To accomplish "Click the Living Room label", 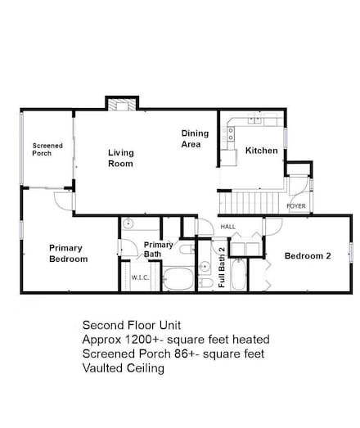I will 120,158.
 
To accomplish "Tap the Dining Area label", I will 195,139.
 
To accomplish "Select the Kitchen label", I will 261,151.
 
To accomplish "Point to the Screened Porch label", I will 47,149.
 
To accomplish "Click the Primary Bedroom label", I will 68,253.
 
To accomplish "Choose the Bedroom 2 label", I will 307,256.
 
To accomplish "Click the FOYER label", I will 296,206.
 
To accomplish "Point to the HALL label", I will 227,227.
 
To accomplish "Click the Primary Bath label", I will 158,249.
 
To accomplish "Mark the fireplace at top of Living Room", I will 119,104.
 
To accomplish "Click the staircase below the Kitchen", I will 253,199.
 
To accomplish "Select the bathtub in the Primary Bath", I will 178,281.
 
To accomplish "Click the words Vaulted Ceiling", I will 124,368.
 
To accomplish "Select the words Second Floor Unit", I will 129,323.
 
